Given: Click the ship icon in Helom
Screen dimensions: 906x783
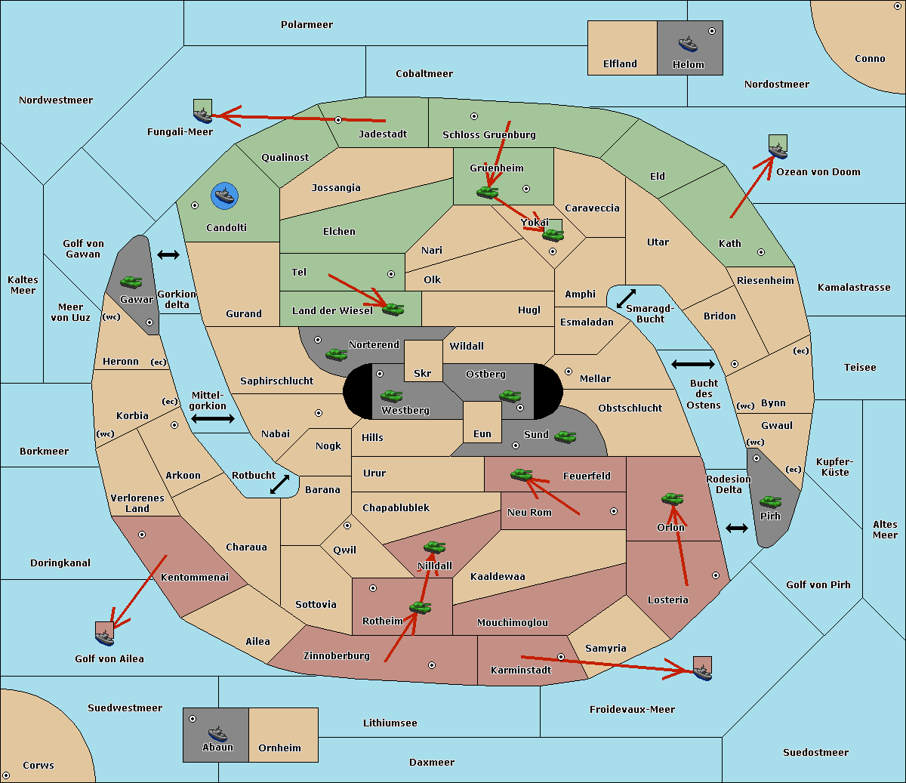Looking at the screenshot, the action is [x=688, y=44].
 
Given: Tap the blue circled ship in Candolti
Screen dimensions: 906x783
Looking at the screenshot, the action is [x=224, y=196].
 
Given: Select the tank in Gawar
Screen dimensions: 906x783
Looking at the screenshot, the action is [x=131, y=282].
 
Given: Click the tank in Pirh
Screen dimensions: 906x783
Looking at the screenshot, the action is [x=770, y=501].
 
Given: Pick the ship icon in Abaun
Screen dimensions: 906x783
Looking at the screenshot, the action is [x=217, y=733].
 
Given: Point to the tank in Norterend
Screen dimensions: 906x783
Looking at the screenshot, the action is [x=336, y=354].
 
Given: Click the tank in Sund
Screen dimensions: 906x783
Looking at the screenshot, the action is [x=565, y=437].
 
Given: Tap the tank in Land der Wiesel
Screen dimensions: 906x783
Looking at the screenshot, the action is [x=393, y=310].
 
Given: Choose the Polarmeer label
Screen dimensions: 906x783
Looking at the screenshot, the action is [x=307, y=25].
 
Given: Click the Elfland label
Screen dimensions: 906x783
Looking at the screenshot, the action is [x=620, y=63].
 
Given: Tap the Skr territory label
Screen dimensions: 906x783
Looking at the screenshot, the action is [x=423, y=373].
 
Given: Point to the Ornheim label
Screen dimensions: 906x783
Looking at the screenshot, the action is [x=279, y=748].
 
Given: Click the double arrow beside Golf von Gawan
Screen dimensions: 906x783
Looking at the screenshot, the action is [x=168, y=254].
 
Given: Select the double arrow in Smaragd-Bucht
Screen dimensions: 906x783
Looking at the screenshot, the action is [x=626, y=298].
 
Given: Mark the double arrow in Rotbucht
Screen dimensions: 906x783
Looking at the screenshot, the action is [x=279, y=484].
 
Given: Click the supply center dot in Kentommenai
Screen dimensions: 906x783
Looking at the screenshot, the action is [x=142, y=535].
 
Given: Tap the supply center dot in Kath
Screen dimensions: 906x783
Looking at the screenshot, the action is [x=761, y=252].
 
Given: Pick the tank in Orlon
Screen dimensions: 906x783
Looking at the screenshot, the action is [x=672, y=498].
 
